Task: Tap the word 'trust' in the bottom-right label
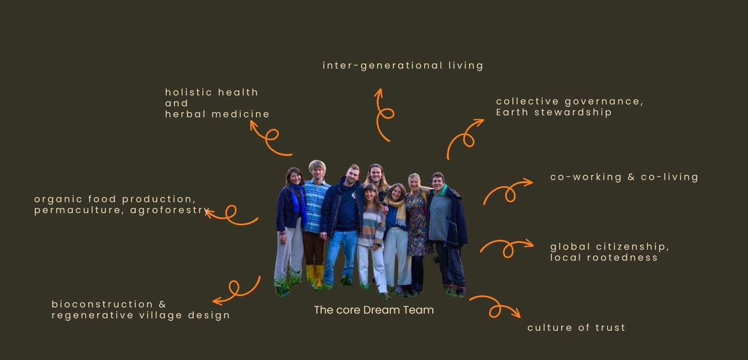[611, 328]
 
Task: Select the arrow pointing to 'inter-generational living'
[383, 114]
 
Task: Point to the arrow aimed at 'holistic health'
[270, 138]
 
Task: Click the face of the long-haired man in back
[376, 173]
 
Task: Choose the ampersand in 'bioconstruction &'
[162, 304]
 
